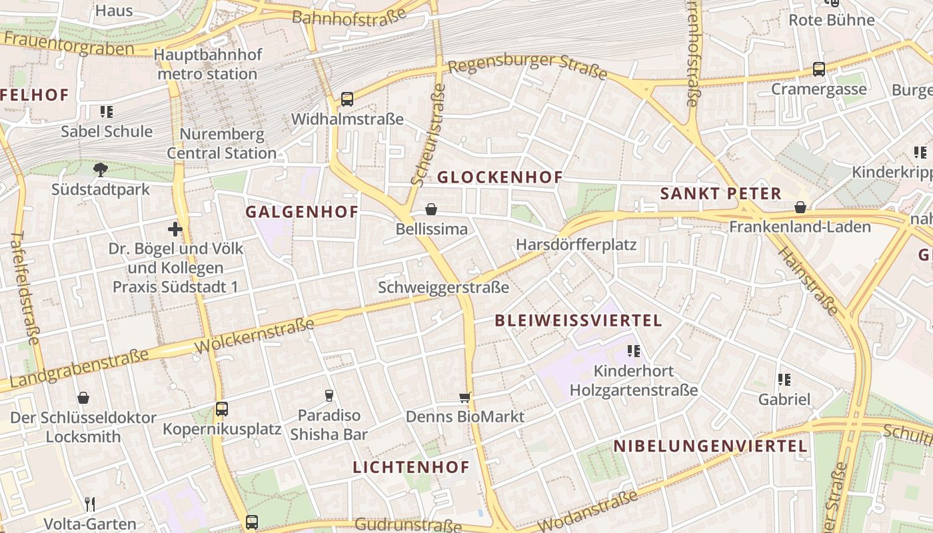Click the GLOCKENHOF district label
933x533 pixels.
tap(500, 177)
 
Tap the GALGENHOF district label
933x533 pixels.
tap(302, 212)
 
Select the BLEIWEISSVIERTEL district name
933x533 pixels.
tap(578, 320)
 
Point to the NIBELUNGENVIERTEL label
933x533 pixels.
tap(710, 446)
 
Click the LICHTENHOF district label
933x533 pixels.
tap(411, 467)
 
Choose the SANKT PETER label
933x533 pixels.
tap(720, 194)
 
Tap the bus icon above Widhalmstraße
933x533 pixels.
tap(347, 99)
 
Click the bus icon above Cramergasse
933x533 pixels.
tap(819, 69)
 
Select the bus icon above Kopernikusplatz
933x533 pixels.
tap(222, 409)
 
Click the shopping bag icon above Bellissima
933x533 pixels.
tap(432, 210)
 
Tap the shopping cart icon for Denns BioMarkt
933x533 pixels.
tap(465, 398)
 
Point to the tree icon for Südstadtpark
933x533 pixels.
tap(101, 169)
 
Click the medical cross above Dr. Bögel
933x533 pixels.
tap(175, 230)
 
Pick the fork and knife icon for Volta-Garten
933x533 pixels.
tap(90, 504)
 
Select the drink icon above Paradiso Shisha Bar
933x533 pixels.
tap(329, 396)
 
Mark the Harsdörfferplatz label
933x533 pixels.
tap(576, 245)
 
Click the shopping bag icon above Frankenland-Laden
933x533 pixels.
tap(800, 208)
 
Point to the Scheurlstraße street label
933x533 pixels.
tap(428, 135)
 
